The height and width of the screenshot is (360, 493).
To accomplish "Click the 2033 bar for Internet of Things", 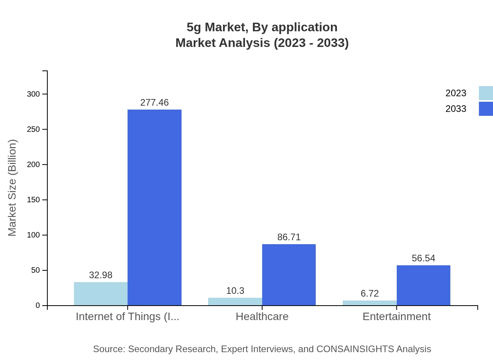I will (x=155, y=207).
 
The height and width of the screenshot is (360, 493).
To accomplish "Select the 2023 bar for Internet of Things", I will (x=101, y=294).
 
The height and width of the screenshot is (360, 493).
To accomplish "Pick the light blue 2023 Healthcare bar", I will (x=235, y=302).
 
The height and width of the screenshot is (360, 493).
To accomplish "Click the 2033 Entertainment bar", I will (x=423, y=285).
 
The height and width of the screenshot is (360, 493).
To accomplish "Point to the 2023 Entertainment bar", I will (x=370, y=303).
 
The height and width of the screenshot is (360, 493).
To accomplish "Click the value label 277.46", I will (x=155, y=103).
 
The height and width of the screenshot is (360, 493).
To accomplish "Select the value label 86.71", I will (x=289, y=237).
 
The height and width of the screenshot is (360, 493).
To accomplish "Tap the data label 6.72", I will (x=370, y=293).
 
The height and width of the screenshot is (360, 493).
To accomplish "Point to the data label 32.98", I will (x=101, y=275).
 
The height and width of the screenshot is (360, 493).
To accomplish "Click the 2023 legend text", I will (x=456, y=93).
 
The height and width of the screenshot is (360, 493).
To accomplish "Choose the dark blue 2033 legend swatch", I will (x=486, y=109).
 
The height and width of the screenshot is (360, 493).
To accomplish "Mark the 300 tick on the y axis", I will (x=33, y=94).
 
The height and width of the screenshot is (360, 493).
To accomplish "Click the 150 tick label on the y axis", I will (x=33, y=200).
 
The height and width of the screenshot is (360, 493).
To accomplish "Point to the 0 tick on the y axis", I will (x=38, y=306).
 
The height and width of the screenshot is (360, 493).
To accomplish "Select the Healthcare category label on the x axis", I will (x=262, y=316).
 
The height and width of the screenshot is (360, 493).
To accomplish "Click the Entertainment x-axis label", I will (x=396, y=316).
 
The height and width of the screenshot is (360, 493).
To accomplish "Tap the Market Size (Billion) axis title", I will (x=12, y=188).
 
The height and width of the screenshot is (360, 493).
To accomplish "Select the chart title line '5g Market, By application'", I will (x=262, y=27).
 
